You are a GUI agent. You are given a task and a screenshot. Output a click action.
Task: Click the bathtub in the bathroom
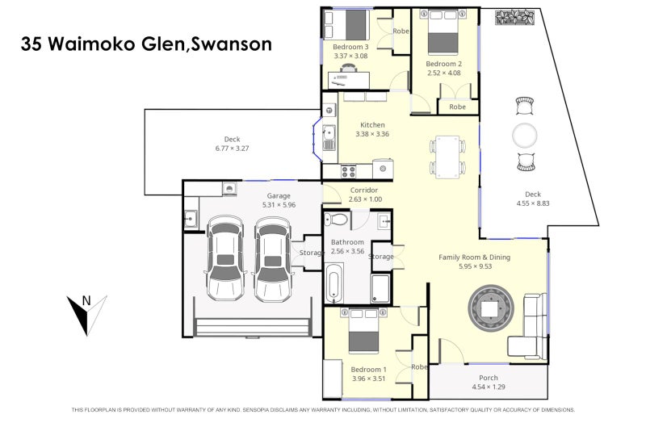click(x=335, y=288)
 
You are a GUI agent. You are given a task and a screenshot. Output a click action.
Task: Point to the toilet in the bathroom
click(x=338, y=220)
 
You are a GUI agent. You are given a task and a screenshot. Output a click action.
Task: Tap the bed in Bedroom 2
click(x=443, y=31)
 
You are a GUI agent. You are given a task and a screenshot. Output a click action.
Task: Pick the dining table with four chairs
click(x=447, y=157)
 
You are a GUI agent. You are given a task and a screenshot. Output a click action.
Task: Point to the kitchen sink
click(x=328, y=138)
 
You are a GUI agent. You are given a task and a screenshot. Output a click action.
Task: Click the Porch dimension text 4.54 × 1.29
click(x=489, y=387)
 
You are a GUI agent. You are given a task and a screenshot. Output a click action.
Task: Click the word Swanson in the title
click(x=231, y=44)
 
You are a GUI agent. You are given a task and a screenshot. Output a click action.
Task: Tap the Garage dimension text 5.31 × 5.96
click(x=279, y=205)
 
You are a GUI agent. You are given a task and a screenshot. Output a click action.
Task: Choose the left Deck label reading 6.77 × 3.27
click(x=232, y=149)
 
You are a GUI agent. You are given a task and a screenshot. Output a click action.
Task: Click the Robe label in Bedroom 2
click(x=457, y=107)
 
